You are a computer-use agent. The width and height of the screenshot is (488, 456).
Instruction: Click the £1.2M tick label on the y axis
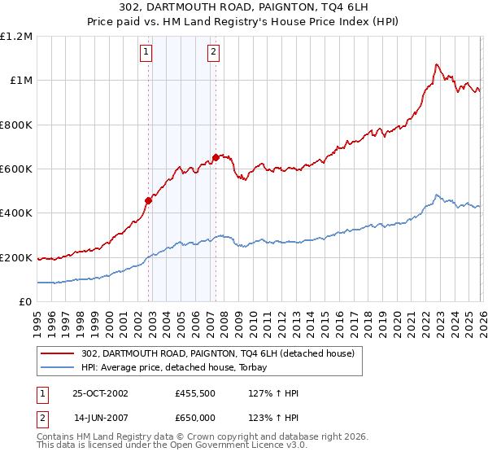(17, 37)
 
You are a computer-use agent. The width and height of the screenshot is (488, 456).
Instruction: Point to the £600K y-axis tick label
(16, 169)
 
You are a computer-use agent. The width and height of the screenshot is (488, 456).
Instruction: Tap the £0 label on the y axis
(25, 302)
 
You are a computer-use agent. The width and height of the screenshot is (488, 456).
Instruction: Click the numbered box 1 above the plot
(146, 53)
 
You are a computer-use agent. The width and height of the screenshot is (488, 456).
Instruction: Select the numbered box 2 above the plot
(213, 53)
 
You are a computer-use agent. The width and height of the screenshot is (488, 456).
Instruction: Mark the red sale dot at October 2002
(149, 200)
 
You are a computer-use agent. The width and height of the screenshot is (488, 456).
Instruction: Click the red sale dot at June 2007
(216, 157)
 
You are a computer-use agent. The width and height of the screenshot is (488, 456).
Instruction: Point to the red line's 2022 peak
(437, 64)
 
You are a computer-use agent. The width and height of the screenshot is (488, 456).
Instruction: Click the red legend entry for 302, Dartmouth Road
(217, 353)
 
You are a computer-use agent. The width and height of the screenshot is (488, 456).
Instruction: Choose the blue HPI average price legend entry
(180, 368)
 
